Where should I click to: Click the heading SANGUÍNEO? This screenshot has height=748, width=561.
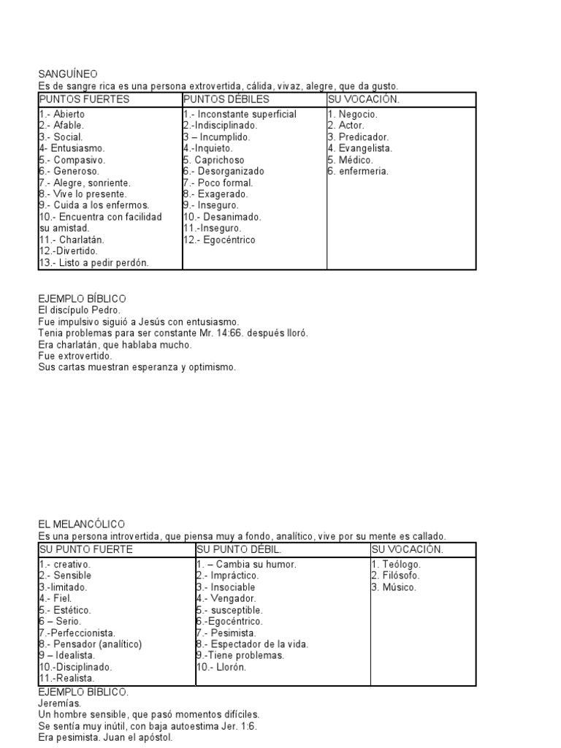point(67,73)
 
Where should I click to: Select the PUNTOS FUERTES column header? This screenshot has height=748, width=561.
point(84,99)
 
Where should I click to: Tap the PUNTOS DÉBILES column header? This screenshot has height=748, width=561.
point(226,99)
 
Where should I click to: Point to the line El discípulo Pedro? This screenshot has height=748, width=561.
point(79,310)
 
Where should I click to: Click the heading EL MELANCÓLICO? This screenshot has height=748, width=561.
point(81,524)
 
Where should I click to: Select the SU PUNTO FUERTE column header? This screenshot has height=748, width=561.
point(85,549)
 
